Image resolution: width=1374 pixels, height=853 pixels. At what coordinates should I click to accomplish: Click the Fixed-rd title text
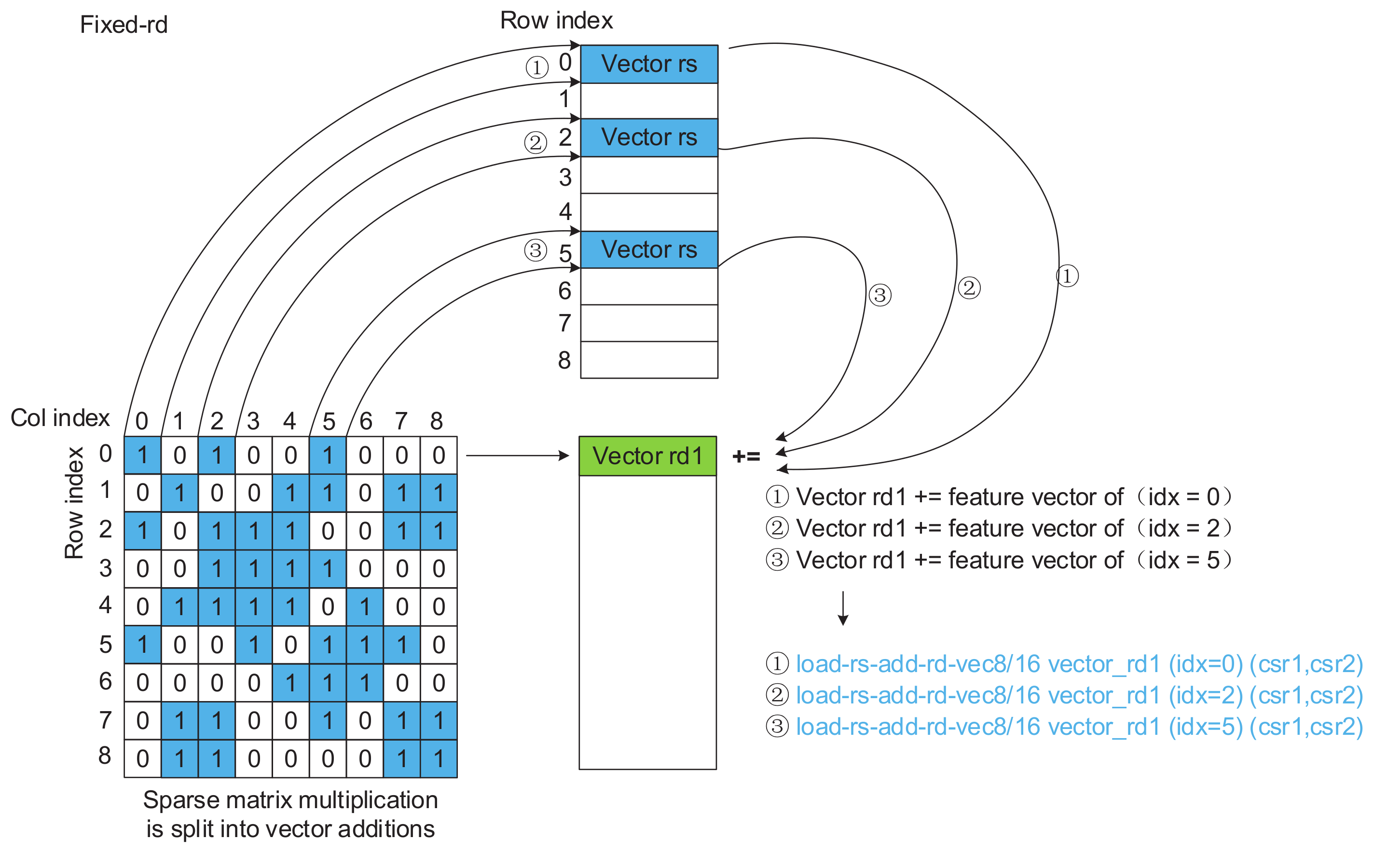click(x=124, y=25)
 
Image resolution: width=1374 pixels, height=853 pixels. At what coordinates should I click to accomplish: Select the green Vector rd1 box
click(x=647, y=456)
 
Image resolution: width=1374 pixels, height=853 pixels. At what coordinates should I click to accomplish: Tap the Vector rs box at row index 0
click(x=648, y=64)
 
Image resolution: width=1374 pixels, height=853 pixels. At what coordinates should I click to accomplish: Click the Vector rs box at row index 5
click(x=648, y=249)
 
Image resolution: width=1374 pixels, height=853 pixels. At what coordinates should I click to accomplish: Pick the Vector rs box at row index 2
click(x=648, y=137)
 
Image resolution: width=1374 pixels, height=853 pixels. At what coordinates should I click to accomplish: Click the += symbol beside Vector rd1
click(x=746, y=456)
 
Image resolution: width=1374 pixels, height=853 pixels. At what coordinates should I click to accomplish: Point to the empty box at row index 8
click(x=648, y=360)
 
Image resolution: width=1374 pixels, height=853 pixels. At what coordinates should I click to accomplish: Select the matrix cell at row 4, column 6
click(x=365, y=607)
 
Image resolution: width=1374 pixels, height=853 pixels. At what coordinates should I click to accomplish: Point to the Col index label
click(x=60, y=418)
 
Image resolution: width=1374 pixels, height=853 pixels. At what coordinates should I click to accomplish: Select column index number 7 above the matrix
click(x=401, y=421)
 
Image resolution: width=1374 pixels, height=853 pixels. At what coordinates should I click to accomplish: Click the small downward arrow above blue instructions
click(x=843, y=608)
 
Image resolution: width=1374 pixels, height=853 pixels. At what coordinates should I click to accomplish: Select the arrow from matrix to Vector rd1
click(x=517, y=455)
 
